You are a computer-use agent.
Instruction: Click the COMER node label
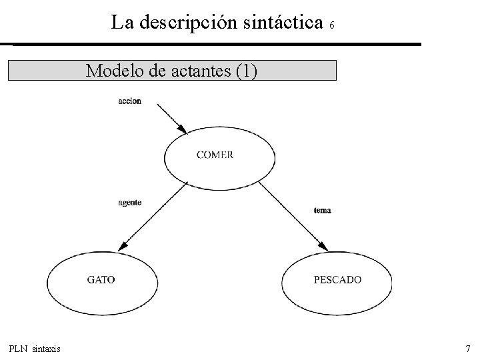pos(215,155)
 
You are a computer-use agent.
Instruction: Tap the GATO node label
pos(101,280)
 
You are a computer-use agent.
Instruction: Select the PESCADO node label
pos(337,280)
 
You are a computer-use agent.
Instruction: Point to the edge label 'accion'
pos(129,101)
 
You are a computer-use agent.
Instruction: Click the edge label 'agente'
pos(129,203)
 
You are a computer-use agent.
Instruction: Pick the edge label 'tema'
pos(322,211)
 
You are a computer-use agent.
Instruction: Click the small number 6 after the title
pos(332,26)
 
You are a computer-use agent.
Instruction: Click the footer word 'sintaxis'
pos(47,349)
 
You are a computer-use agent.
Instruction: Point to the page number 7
pos(467,349)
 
